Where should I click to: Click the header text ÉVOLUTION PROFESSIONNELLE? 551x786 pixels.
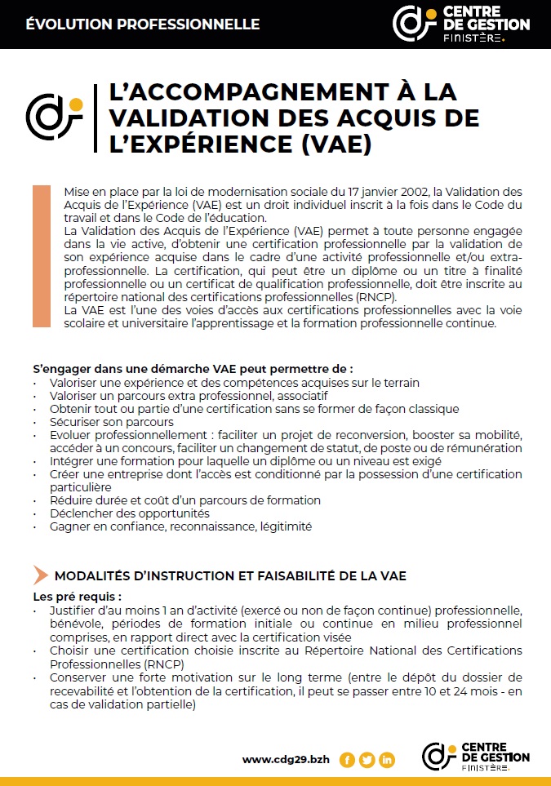tap(143, 24)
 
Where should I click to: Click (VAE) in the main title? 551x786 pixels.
tap(335, 144)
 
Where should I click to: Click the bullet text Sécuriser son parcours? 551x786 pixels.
tap(111, 422)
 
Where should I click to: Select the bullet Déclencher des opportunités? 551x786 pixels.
tap(129, 513)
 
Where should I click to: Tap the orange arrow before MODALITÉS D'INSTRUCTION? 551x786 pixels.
tap(40, 575)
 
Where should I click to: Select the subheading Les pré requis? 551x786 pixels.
tap(78, 597)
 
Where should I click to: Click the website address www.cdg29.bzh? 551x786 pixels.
tap(286, 760)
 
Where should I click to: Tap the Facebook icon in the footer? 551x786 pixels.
tap(347, 760)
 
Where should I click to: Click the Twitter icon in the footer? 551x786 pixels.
tap(367, 760)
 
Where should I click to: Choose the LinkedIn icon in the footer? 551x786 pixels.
tap(387, 760)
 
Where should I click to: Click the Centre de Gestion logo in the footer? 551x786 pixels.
tap(475, 757)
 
